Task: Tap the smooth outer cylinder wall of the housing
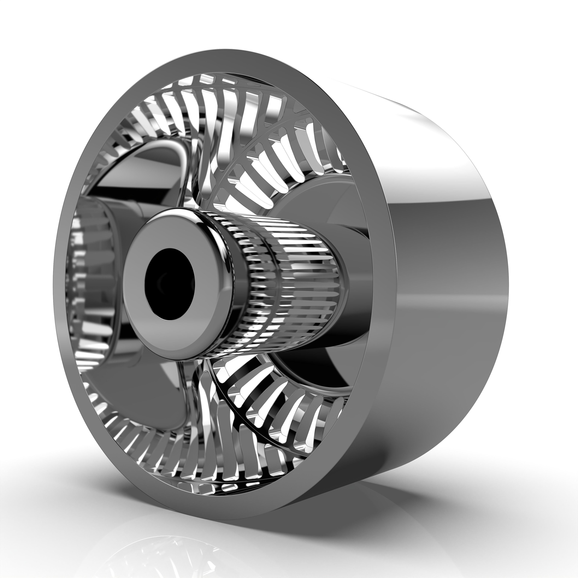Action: coord(443,299)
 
